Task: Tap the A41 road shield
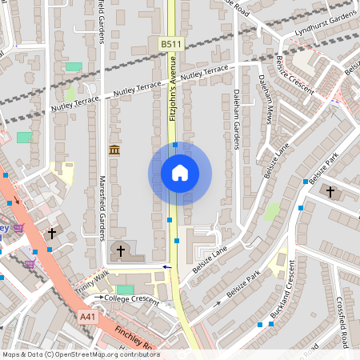[x=89, y=318]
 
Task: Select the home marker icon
[x=180, y=173]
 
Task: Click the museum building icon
[x=114, y=150]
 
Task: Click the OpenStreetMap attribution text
[x=80, y=354]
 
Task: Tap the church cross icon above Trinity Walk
[x=121, y=251]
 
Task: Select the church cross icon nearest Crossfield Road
[x=331, y=192]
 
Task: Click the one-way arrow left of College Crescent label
[x=99, y=298]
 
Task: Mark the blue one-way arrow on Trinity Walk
[x=167, y=266]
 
